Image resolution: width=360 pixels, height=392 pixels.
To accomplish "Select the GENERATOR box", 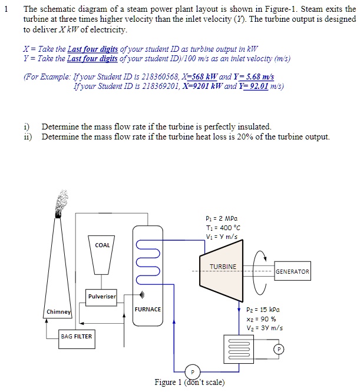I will click(292, 272).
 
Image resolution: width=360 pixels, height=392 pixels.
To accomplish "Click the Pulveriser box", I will click(102, 296).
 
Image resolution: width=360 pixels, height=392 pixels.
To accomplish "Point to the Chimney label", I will click(59, 312).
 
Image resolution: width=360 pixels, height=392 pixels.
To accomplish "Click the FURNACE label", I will click(147, 309).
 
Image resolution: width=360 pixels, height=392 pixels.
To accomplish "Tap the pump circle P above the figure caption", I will click(192, 371).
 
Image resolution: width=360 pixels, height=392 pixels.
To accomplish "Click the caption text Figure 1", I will click(169, 383).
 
